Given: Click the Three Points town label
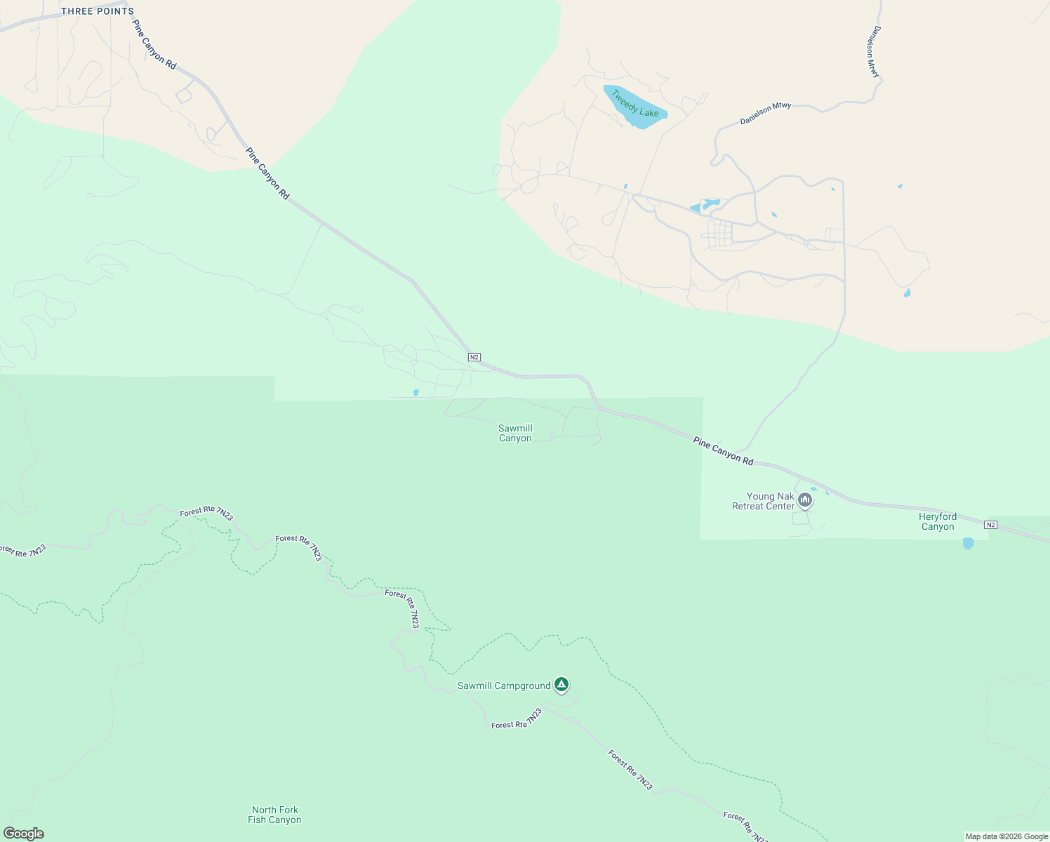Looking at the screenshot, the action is (97, 11).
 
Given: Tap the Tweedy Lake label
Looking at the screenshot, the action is (634, 103).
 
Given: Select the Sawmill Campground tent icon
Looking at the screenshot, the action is (561, 684).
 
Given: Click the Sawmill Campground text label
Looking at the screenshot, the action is (503, 686).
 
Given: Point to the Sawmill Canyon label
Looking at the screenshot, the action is (515, 433).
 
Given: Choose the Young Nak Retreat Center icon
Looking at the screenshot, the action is (805, 500).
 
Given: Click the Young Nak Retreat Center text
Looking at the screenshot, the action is (763, 501).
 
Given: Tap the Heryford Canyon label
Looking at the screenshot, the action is (938, 521).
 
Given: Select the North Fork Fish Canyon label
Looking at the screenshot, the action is (274, 815).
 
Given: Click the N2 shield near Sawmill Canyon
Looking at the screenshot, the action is (474, 357).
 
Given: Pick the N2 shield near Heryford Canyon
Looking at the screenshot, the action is (990, 525).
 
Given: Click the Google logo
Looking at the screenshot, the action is (24, 834).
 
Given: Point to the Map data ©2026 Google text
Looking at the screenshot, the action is (1006, 836).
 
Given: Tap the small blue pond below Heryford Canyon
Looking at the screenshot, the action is (969, 543).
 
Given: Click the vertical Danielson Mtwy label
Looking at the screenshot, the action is (872, 51).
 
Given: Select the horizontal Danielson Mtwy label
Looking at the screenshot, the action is (766, 114).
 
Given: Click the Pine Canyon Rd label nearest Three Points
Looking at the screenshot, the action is (154, 44).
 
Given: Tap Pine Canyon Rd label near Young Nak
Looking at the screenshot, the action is (723, 451).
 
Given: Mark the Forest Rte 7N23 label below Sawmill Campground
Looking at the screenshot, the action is (517, 719).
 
